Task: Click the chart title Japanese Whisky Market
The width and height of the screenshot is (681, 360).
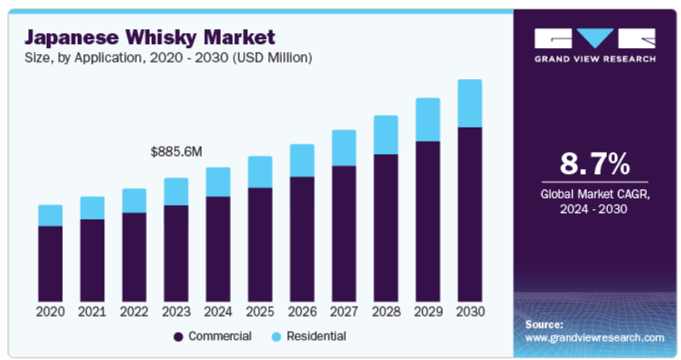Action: pos(150,37)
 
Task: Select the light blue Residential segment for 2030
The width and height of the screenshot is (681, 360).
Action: pos(470,103)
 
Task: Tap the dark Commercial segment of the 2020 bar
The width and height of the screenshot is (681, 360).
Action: pos(51,262)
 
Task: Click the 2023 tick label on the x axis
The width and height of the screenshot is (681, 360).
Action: pos(176,312)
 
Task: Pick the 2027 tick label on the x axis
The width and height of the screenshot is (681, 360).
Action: pos(343,312)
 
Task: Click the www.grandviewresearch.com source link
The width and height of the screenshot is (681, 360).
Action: pos(594,337)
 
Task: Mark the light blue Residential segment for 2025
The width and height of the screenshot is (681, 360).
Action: pos(260,172)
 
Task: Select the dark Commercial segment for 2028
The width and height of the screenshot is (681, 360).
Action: pos(386,227)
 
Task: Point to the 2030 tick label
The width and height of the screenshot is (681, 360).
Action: pos(470,312)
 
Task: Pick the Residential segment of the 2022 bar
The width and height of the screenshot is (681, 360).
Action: pos(134,200)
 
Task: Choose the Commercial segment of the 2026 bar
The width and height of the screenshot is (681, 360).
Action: pos(302,238)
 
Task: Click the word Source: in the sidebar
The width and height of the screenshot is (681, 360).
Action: pos(544,323)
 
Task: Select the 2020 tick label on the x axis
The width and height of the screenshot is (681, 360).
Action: pos(51,312)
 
